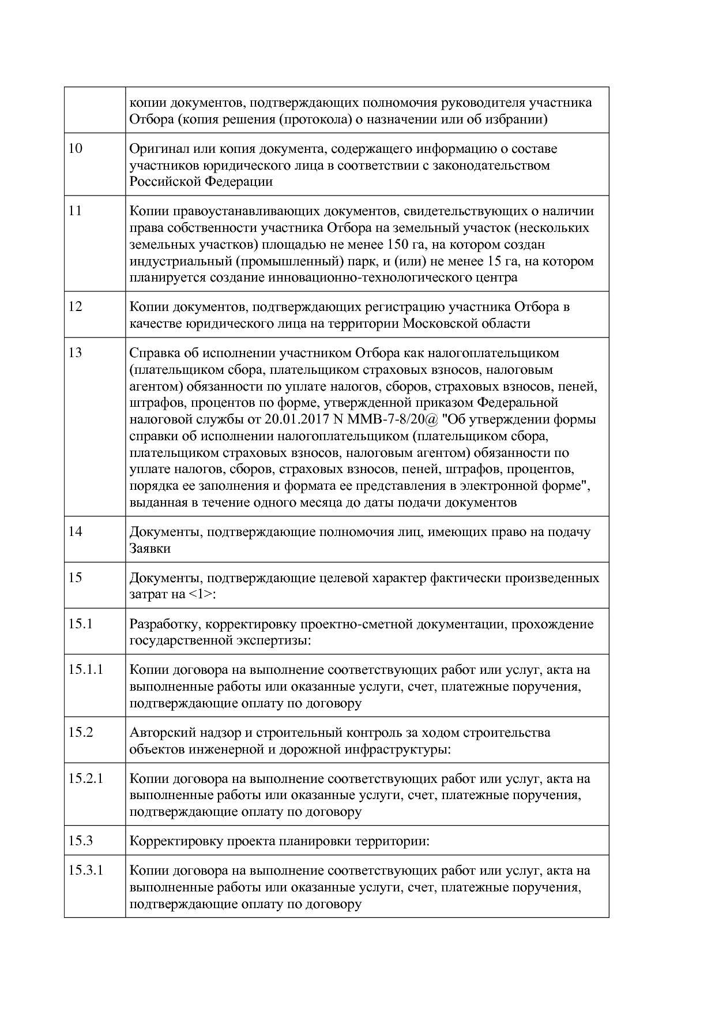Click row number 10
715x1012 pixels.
point(76,148)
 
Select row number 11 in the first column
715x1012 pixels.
point(75,211)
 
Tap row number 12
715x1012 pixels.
point(76,306)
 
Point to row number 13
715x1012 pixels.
point(76,353)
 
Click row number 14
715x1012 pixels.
point(76,531)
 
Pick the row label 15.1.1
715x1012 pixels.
point(85,670)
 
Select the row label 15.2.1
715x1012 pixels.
point(85,778)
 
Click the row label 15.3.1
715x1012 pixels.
point(85,871)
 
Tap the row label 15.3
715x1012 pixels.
point(81,841)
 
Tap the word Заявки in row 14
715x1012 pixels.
point(150,548)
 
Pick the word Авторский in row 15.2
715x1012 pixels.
point(157,733)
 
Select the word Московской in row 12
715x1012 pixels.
point(436,323)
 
